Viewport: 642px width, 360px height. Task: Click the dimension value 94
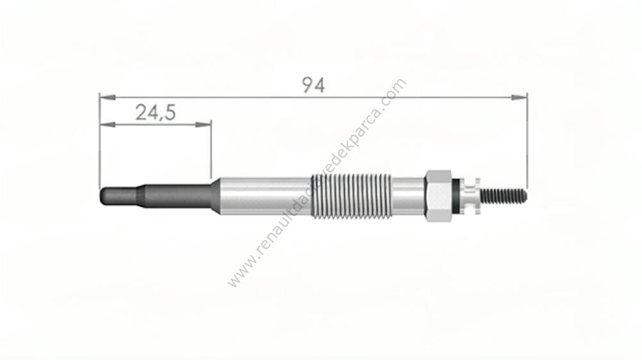313,85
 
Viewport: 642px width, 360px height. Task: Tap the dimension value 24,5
156,113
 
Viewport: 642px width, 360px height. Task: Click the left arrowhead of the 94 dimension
108,97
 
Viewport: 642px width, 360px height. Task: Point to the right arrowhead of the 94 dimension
519,97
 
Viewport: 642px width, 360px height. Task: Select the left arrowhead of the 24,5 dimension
108,124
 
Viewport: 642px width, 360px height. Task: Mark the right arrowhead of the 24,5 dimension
204,124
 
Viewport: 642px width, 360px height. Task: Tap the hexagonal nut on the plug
438,196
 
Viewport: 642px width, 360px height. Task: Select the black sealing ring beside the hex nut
456,196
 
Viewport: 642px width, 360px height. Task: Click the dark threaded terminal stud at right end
504,196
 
